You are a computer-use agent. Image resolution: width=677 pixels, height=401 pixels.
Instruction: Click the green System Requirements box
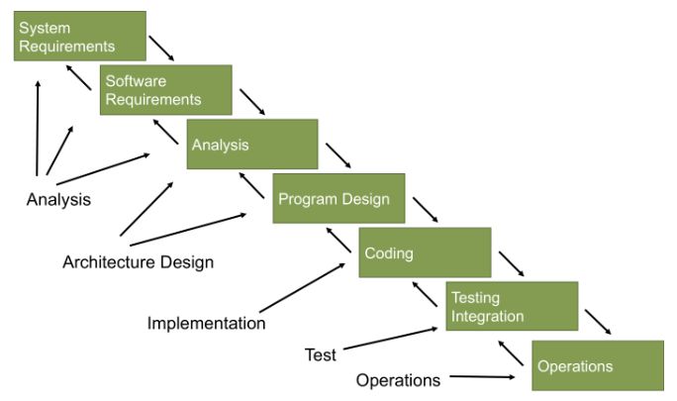79,36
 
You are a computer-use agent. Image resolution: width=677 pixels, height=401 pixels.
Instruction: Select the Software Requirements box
165,90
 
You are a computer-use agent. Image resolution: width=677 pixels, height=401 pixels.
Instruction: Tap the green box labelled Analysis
252,145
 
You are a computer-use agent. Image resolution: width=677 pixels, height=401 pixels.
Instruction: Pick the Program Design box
338,198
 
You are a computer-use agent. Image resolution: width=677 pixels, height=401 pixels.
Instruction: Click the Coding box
425,252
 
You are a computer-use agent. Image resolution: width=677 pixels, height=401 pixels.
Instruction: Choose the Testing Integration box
512,306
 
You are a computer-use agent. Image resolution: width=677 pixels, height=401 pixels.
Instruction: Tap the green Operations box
598,365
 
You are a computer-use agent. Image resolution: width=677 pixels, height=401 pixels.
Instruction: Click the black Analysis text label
58,199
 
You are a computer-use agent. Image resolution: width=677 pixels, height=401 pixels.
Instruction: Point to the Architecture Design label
138,262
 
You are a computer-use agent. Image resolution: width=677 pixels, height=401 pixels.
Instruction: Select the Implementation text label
206,323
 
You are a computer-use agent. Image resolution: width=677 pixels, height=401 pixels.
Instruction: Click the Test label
320,354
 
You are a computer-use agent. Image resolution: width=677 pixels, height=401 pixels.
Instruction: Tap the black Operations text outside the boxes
398,380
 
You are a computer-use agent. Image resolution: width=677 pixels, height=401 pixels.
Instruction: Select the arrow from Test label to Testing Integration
390,339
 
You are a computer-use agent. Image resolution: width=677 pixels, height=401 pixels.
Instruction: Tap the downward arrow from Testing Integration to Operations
597,322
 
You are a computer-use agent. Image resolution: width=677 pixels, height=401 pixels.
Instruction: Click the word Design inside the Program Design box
368,198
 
